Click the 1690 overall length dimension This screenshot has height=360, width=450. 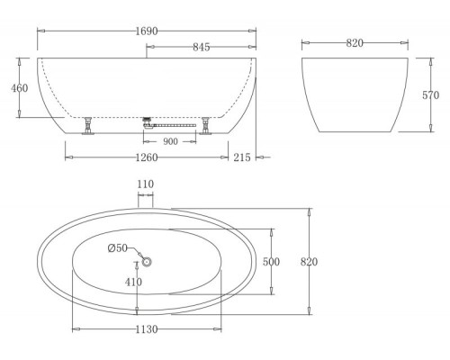(146, 31)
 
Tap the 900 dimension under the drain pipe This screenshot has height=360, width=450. (169, 141)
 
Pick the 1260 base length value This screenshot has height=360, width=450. (146, 157)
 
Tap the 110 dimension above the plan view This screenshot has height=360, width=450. (146, 184)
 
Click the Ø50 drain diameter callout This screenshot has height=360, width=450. (117, 248)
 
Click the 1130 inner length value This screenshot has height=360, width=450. (146, 329)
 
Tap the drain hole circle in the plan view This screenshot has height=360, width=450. (146, 261)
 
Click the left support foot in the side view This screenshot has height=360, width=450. (88, 125)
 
